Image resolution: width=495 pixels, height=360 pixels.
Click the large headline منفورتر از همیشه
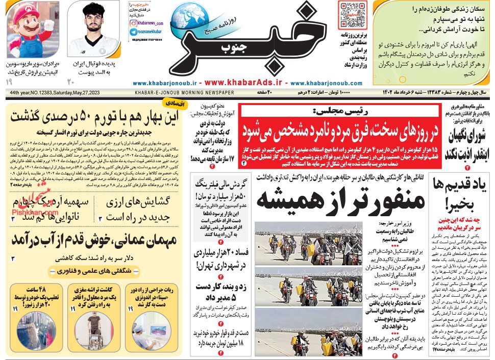tap(340, 199)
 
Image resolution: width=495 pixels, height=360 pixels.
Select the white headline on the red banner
tap(339, 128)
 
